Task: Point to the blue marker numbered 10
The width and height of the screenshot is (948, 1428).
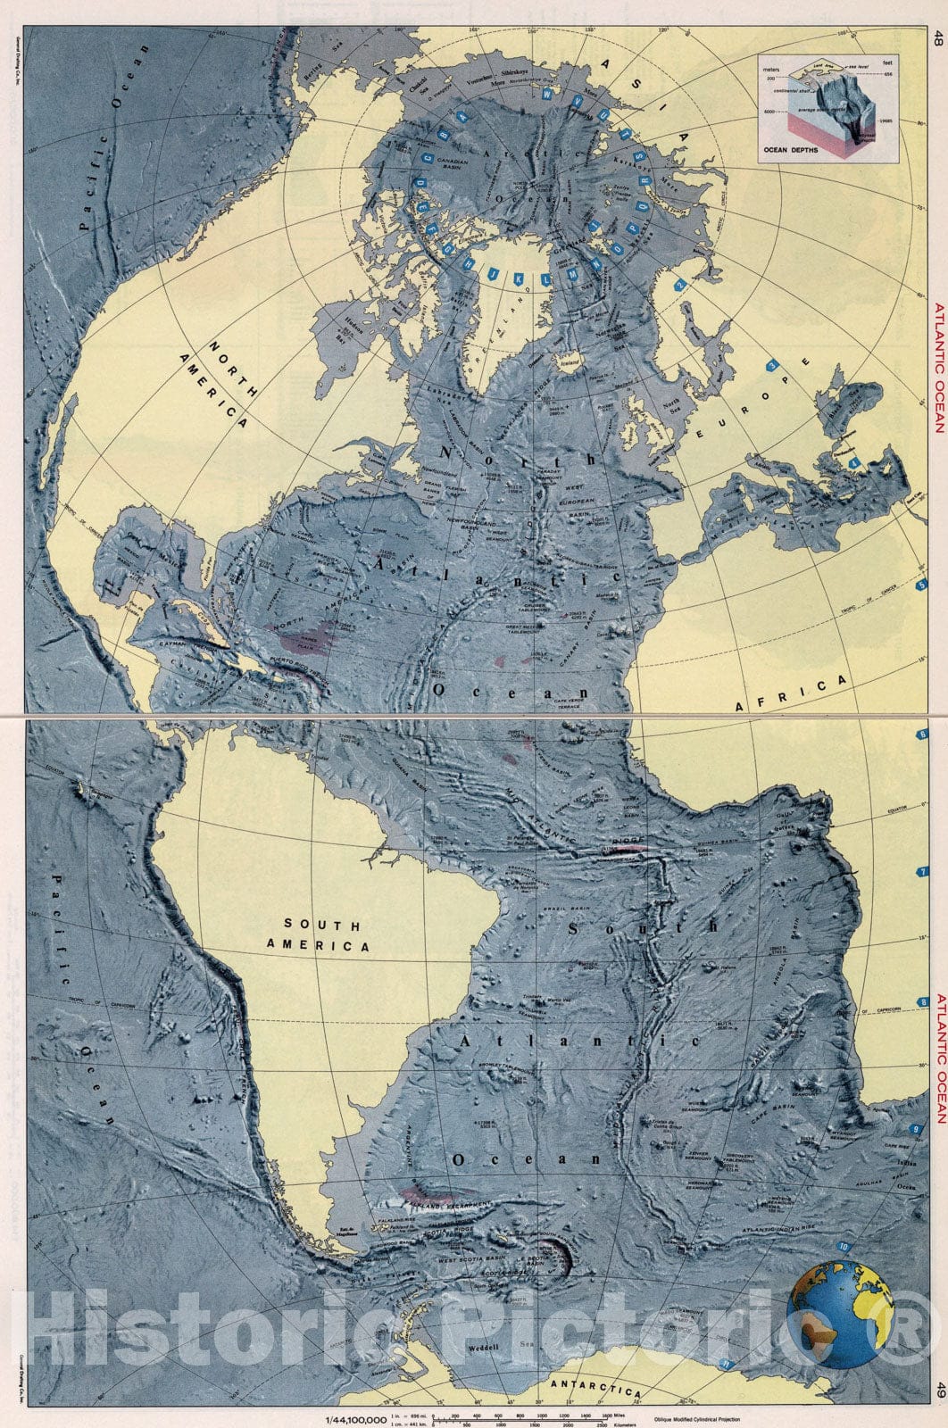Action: [x=845, y=1246]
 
